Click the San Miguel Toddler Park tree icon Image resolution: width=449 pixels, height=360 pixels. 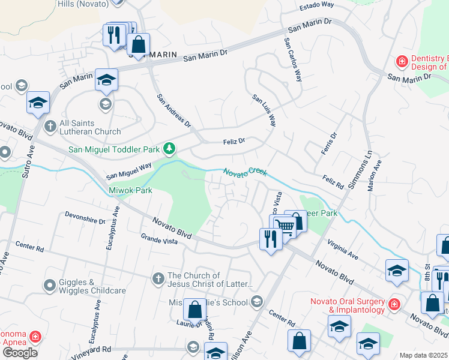click(x=170, y=148)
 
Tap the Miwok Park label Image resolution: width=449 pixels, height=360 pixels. click(x=122, y=190)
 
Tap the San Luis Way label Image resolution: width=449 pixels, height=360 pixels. click(x=264, y=110)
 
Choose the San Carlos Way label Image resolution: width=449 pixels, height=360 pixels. click(x=292, y=60)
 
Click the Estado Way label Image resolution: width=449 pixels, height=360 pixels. click(x=316, y=5)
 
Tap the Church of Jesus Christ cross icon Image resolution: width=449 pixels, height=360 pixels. click(x=158, y=278)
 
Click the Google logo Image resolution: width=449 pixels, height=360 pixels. click(x=20, y=353)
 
